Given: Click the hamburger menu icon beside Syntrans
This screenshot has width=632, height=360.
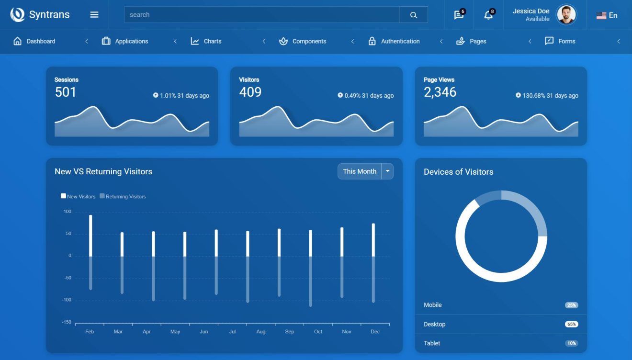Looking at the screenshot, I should (94, 15).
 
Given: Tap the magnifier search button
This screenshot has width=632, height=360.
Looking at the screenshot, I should (414, 15).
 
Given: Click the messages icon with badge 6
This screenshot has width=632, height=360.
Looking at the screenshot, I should (459, 15).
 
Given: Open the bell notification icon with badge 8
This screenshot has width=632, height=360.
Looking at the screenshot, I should (488, 15).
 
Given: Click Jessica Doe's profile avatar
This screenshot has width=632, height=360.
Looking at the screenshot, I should (566, 15).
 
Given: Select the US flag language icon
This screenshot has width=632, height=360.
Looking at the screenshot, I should (601, 16).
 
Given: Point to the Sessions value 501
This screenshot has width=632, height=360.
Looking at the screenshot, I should (66, 92).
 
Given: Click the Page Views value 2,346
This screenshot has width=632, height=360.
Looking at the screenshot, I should (440, 92).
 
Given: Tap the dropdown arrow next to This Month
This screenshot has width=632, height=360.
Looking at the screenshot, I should (388, 171).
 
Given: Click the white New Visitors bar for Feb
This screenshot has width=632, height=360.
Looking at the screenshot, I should (90, 236).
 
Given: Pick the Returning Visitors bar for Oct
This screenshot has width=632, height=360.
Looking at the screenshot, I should (310, 281).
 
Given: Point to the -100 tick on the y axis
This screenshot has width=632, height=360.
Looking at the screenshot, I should (67, 300).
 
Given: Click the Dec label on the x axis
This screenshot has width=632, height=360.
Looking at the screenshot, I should (375, 332).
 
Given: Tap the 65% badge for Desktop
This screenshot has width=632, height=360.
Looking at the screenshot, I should (571, 324).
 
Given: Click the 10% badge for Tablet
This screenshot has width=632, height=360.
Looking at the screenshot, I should (571, 343).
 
